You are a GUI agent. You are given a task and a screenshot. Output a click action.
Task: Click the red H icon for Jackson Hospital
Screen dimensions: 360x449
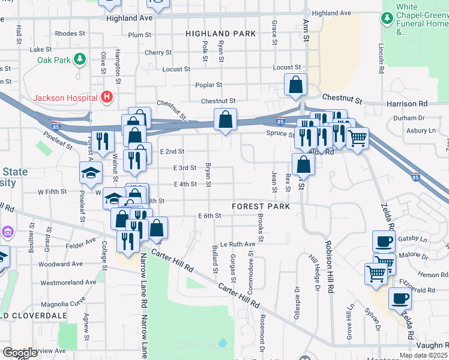(107, 97)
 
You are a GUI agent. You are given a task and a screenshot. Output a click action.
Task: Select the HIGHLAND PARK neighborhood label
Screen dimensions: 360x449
(220, 34)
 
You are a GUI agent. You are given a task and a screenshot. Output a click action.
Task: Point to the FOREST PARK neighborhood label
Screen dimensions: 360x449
(261, 206)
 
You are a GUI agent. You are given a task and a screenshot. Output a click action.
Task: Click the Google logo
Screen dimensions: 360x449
(20, 353)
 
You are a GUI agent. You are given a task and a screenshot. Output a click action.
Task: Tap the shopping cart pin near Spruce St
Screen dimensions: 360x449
(358, 138)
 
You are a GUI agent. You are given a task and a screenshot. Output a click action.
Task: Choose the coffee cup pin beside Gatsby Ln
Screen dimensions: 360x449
(384, 241)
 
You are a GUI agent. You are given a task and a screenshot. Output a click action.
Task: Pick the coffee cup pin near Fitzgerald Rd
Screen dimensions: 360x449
(400, 298)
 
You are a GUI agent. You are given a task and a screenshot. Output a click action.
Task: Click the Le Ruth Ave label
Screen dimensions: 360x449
(238, 244)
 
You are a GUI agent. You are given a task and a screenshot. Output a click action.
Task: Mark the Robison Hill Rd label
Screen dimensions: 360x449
(329, 267)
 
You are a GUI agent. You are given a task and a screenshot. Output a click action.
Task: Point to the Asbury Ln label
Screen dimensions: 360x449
(421, 130)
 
